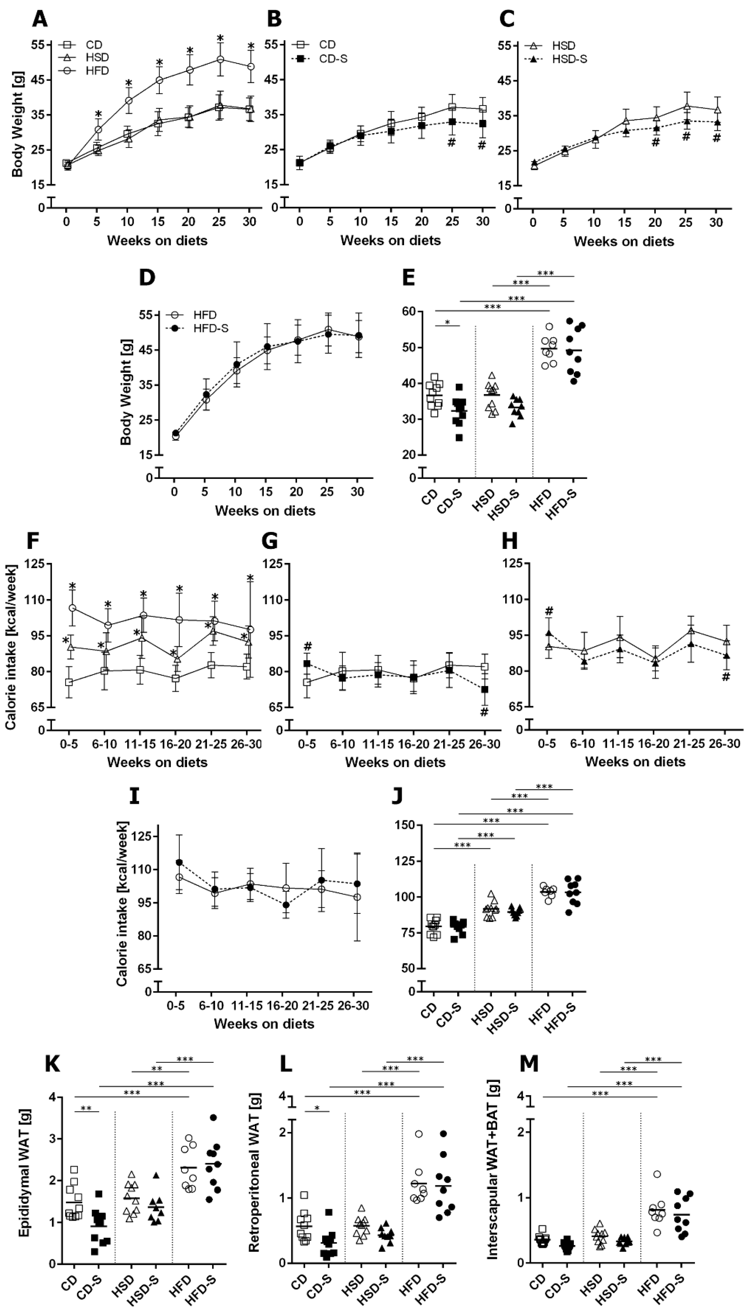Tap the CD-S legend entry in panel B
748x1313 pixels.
pyautogui.click(x=333, y=59)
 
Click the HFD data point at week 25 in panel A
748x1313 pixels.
pyautogui.click(x=220, y=60)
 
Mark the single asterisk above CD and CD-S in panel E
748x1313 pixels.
pyautogui.click(x=447, y=323)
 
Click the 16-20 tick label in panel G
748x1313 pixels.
pyautogui.click(x=414, y=744)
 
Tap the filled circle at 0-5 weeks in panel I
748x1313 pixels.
pyautogui.click(x=179, y=862)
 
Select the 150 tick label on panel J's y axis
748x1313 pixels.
pyautogui.click(x=406, y=824)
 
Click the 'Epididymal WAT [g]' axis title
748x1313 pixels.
pyautogui.click(x=24, y=1187)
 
